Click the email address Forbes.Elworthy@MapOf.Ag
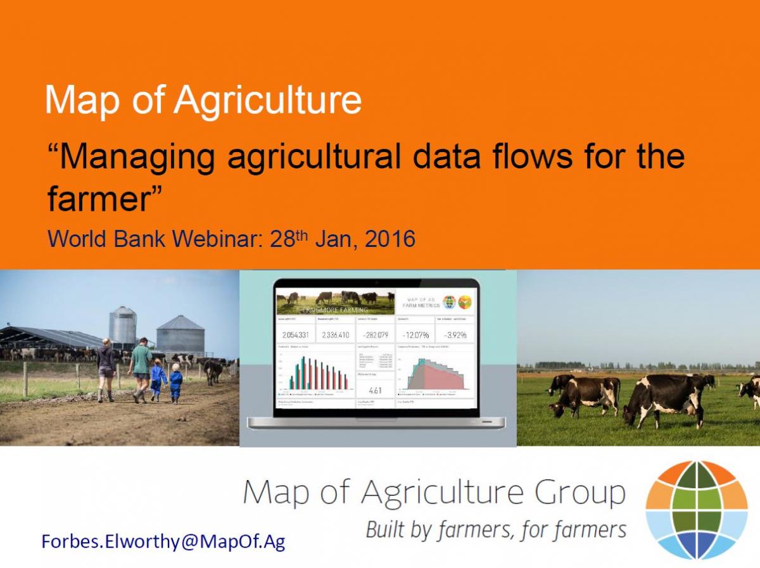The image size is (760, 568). click(163, 541)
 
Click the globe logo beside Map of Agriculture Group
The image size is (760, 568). click(696, 510)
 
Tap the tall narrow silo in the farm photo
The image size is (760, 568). click(122, 327)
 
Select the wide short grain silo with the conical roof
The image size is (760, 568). click(180, 335)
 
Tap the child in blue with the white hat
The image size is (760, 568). click(175, 383)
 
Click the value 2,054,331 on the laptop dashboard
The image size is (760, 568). click(295, 334)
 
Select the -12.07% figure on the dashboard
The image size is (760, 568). click(417, 334)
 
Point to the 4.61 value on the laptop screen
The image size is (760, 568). click(375, 391)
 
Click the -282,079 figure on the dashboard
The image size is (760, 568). click(374, 334)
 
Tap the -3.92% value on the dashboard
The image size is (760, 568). click(456, 334)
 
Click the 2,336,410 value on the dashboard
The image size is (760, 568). click(336, 334)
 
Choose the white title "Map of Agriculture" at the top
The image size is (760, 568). click(203, 101)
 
